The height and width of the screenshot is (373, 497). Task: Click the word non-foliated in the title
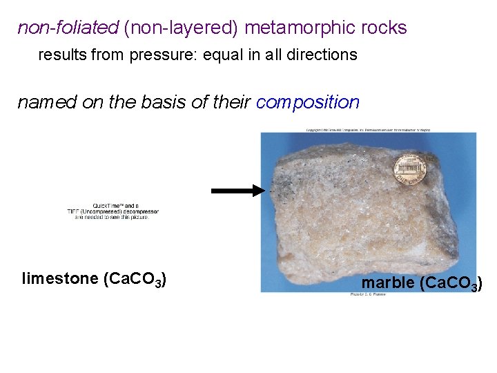coord(68,28)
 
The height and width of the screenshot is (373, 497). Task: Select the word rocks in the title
coord(383,28)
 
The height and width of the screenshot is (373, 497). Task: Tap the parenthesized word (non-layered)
coord(181,28)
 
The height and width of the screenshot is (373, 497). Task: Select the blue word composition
coord(308,103)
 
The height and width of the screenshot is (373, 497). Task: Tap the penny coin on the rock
coord(407,169)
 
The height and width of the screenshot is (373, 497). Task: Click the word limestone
coord(60,279)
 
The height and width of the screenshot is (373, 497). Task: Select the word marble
coord(389,283)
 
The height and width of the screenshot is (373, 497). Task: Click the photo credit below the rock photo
coord(369,295)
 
